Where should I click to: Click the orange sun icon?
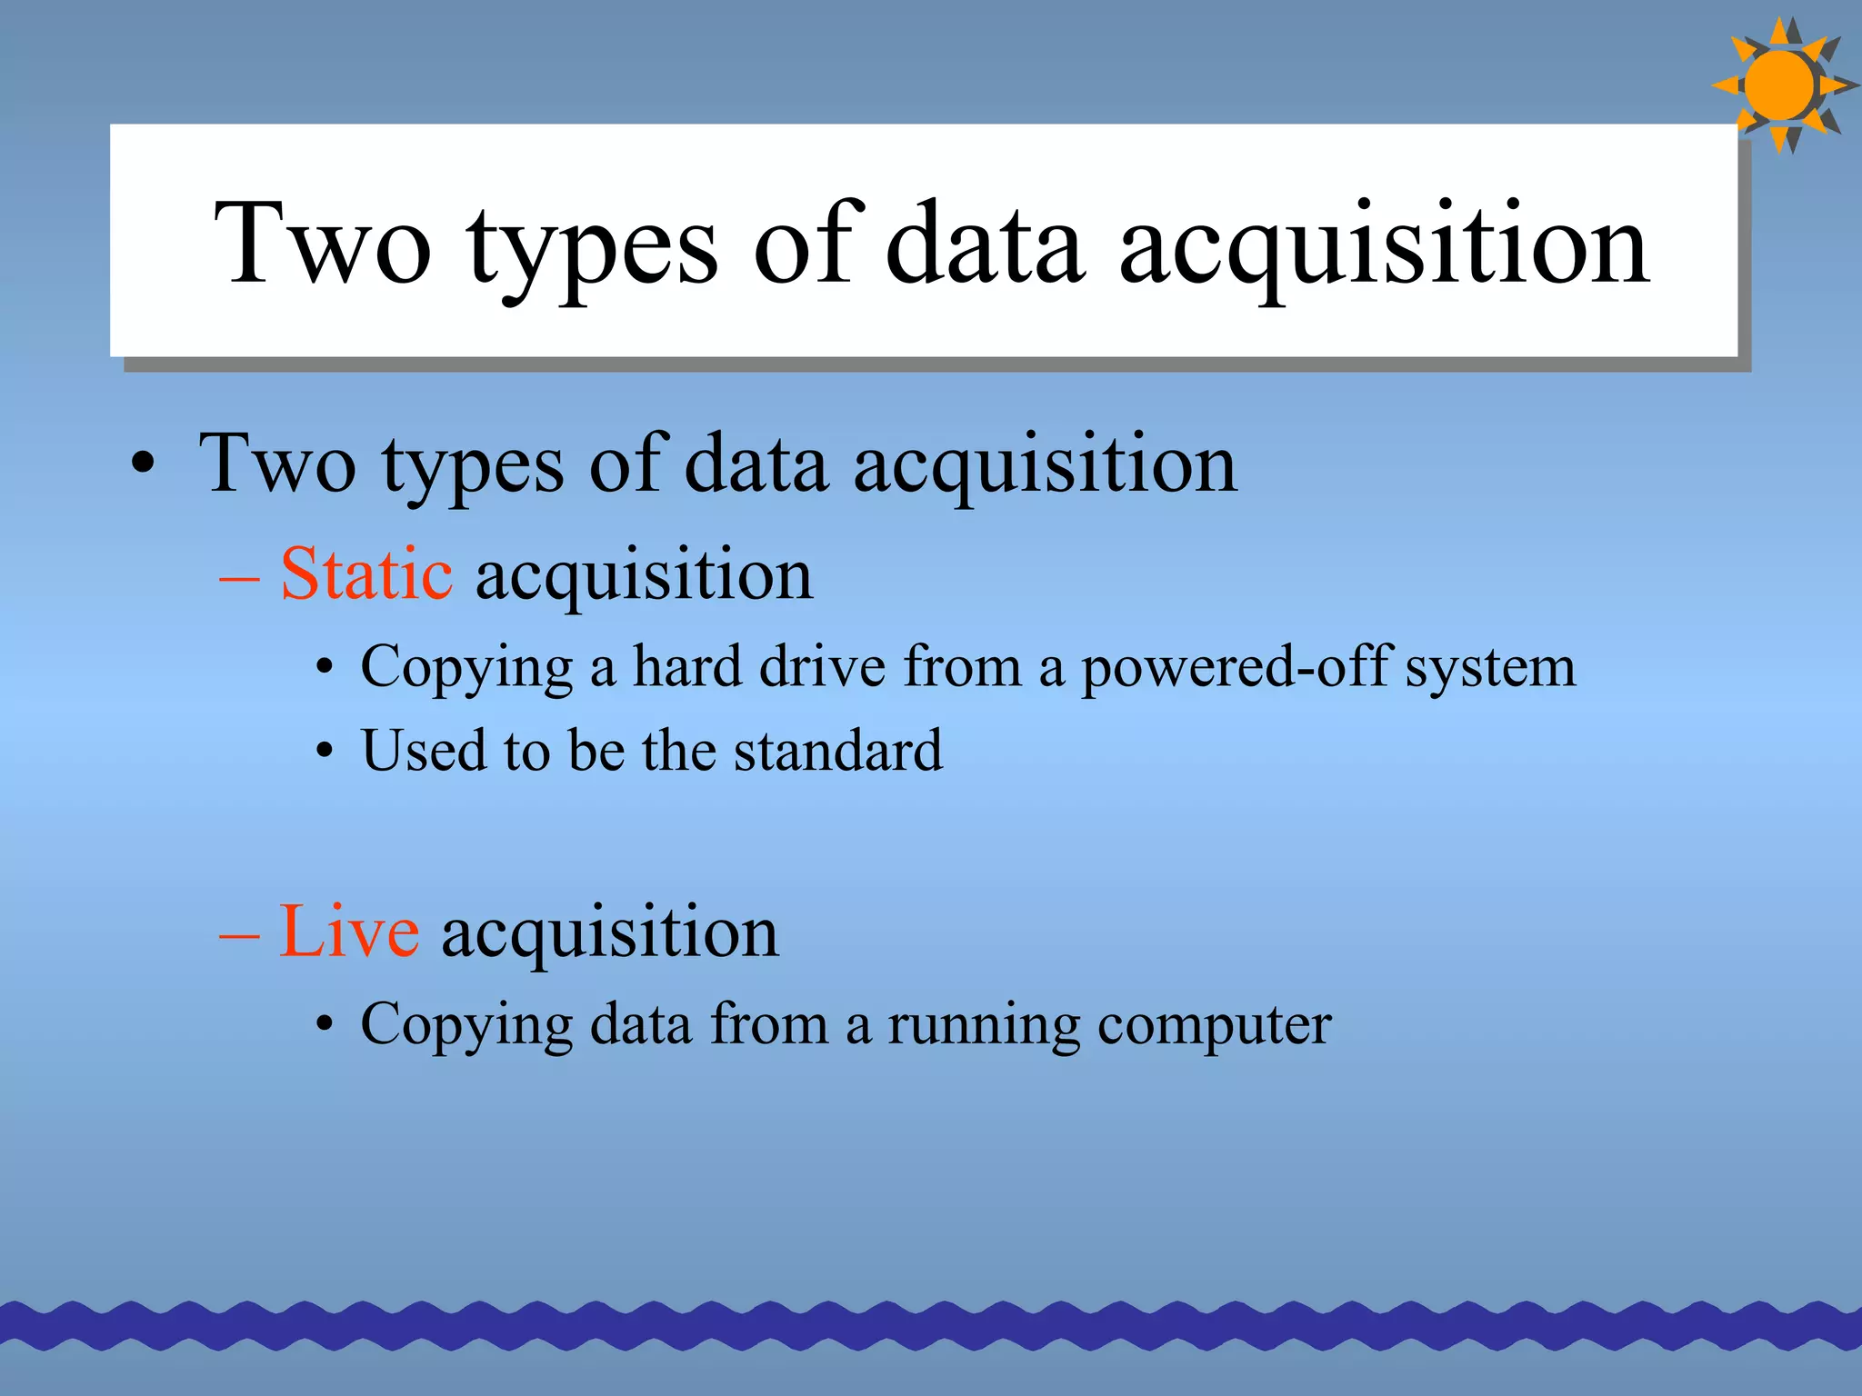point(1780,85)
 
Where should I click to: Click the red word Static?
point(365,574)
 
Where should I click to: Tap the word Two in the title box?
point(322,244)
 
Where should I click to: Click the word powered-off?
point(1236,667)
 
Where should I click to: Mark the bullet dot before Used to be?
point(325,753)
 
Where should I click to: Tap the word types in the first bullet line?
point(473,466)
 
